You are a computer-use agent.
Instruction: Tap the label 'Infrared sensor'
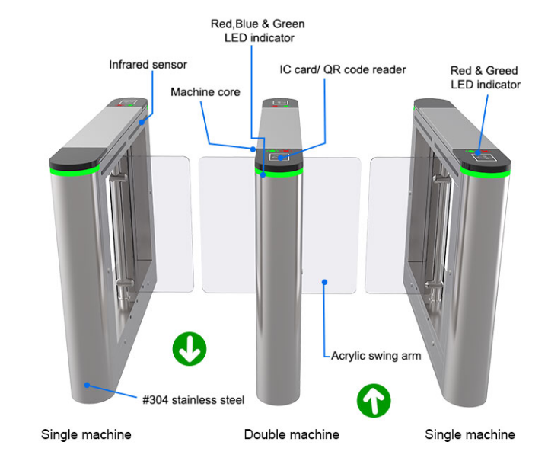click(148, 65)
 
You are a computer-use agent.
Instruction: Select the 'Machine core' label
click(205, 92)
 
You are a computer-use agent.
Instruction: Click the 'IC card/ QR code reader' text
click(342, 69)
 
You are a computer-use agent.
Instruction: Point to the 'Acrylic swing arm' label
click(376, 356)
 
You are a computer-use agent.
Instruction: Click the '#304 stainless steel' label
click(193, 399)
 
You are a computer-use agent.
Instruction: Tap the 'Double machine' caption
click(292, 434)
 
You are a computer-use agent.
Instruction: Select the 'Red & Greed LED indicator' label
click(485, 77)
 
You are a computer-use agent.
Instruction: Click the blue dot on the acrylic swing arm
click(324, 282)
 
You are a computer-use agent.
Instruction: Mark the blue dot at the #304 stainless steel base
click(88, 386)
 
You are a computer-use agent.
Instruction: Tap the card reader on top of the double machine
click(282, 158)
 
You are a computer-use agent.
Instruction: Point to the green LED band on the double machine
click(279, 173)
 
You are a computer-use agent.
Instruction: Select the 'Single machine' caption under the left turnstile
click(86, 434)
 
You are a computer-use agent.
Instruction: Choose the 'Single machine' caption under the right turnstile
click(470, 434)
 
